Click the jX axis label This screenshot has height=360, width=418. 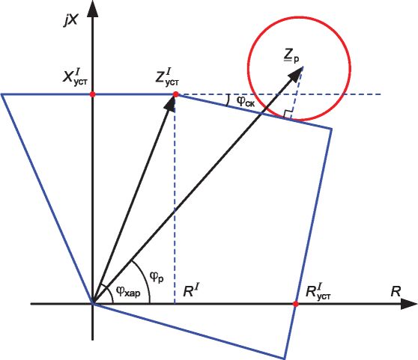70,19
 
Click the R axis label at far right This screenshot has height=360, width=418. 396,291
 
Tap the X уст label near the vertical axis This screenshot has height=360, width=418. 75,76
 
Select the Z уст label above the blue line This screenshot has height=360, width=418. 167,77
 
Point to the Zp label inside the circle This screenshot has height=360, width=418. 291,57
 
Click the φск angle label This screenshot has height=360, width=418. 246,102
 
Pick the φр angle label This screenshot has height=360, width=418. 157,277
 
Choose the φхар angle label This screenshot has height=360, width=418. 128,292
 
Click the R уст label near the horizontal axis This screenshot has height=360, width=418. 318,292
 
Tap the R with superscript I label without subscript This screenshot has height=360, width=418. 192,290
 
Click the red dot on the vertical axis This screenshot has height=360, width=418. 92,94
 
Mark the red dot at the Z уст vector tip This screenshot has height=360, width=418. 176,94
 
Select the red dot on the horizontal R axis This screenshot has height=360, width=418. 295,304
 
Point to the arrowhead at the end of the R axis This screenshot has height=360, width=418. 409,304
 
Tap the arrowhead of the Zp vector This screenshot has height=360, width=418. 295,74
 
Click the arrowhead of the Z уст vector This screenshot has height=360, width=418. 171,104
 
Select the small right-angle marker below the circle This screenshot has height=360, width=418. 288,114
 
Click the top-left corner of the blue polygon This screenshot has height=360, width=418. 1,94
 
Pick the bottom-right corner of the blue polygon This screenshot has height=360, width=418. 284,358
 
